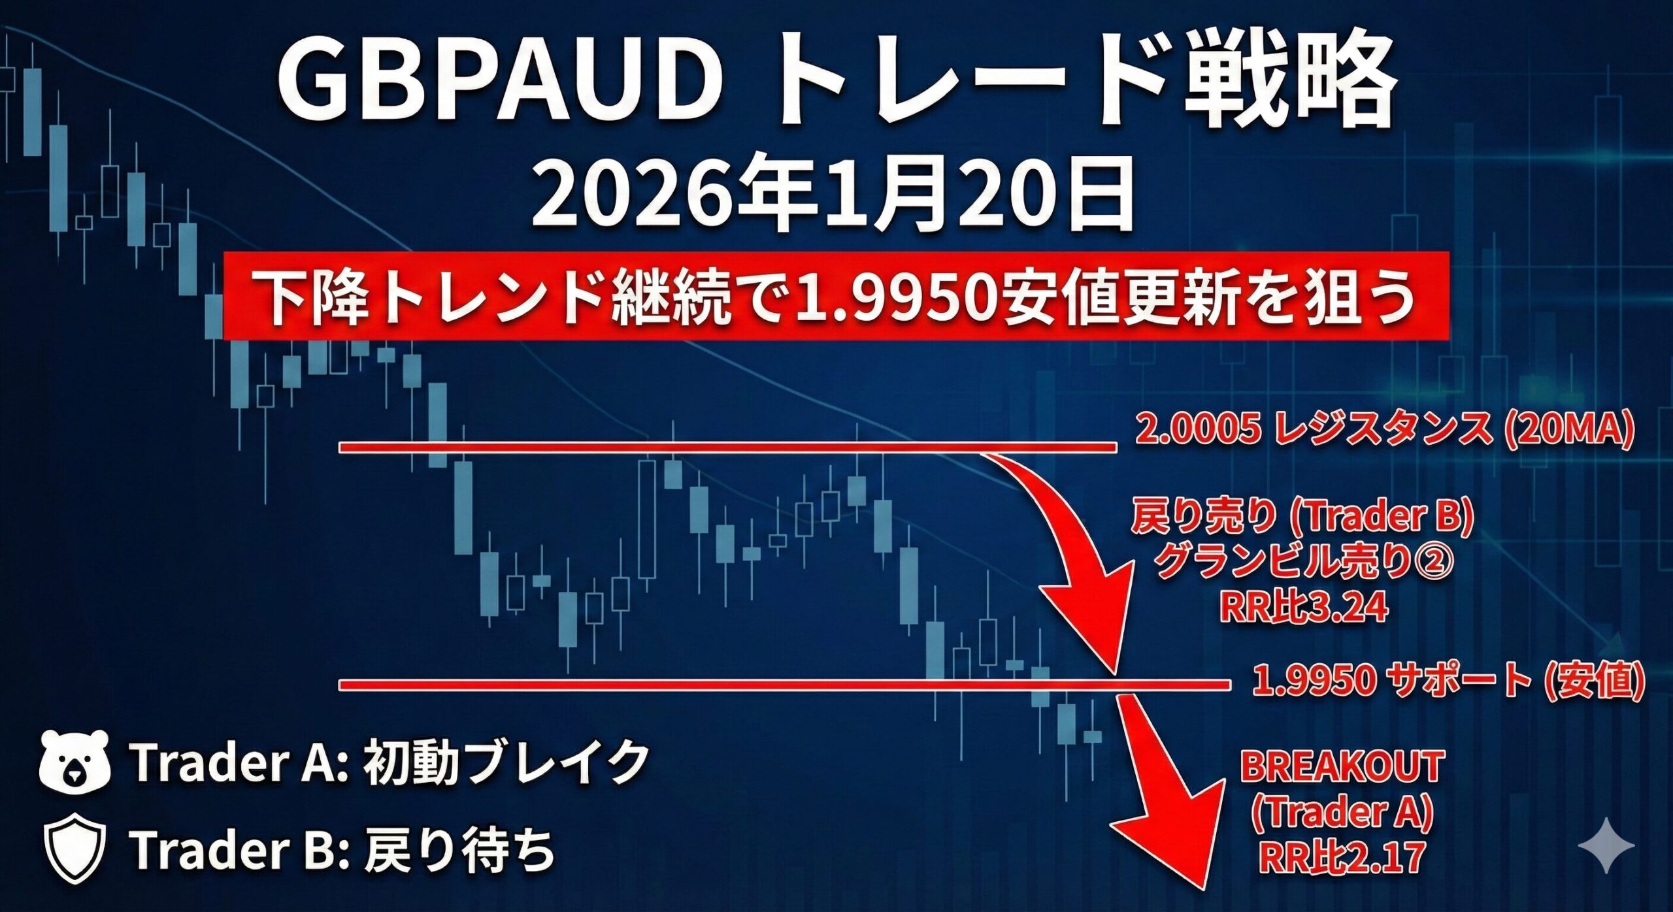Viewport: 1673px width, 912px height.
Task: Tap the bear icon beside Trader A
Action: (74, 762)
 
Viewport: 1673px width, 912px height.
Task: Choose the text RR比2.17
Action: (1340, 858)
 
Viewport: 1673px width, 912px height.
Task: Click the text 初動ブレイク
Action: (506, 762)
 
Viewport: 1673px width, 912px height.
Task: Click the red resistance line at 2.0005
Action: (727, 448)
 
